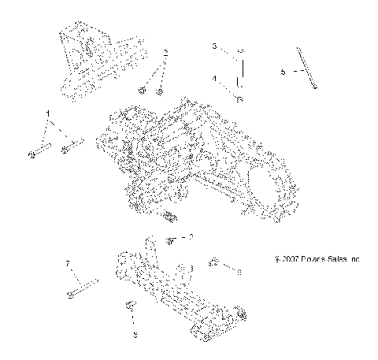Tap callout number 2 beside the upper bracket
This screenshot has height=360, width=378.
click(166, 52)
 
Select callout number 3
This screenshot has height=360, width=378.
click(214, 47)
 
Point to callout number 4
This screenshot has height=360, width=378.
click(214, 79)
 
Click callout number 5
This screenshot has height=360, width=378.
click(283, 71)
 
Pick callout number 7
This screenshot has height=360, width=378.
click(69, 262)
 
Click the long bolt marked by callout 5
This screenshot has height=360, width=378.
click(306, 69)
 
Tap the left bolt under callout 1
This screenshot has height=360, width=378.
click(39, 150)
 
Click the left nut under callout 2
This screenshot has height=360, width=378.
click(143, 91)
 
